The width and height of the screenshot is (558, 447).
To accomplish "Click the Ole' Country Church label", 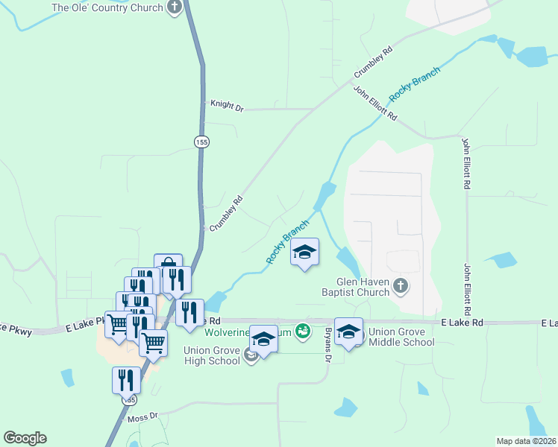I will click(x=107, y=8).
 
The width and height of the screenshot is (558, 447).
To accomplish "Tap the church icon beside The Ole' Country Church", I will click(x=175, y=8).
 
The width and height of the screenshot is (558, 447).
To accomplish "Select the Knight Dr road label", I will click(x=227, y=107).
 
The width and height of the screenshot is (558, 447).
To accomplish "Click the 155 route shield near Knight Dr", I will click(x=201, y=142).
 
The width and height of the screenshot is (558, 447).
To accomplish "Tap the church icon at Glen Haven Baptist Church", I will click(x=401, y=286).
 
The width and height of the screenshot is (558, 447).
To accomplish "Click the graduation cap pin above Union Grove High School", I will click(x=263, y=338).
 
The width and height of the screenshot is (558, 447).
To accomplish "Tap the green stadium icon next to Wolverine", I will click(x=302, y=330).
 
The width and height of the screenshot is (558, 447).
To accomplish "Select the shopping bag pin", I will click(x=169, y=267).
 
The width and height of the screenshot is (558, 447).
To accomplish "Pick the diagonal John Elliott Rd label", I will click(x=375, y=105).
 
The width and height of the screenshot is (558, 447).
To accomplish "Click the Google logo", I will click(x=25, y=438).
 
